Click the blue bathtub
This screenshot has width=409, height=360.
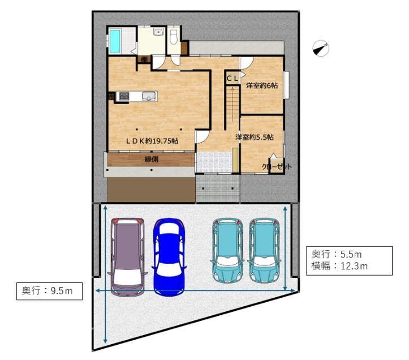(115, 41)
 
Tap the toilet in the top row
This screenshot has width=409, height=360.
(173, 37)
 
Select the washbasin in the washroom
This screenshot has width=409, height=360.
(158, 32)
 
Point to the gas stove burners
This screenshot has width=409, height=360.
(124, 96)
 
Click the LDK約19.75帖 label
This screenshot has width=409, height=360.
(152, 141)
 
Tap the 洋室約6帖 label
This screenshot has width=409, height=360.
(262, 85)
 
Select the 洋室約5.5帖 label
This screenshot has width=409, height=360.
(255, 137)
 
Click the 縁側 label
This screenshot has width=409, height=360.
(152, 159)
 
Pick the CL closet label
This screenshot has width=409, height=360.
(232, 78)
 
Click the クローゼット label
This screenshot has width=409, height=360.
(277, 167)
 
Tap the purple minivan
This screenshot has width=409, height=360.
(127, 257)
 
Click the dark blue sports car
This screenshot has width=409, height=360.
(169, 257)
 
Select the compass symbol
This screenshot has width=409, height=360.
(321, 48)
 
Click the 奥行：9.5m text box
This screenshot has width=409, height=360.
(50, 291)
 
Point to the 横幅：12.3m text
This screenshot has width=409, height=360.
(339, 266)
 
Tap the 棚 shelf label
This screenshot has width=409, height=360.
(144, 59)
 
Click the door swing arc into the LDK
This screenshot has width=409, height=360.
(203, 137)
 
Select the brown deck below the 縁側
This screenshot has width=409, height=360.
(151, 190)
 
